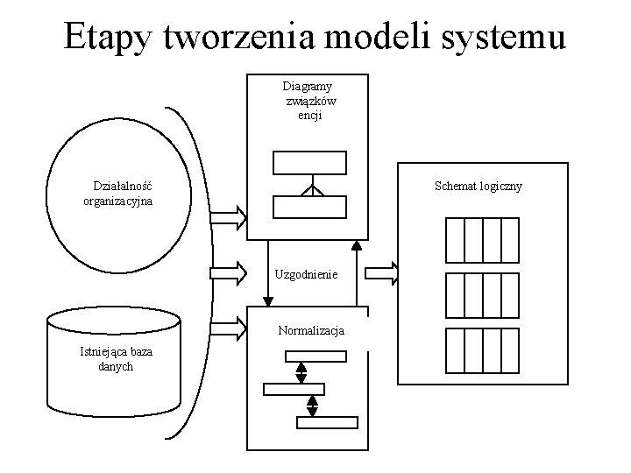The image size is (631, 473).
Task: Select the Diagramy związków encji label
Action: point(309,101)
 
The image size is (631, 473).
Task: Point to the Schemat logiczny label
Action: point(479,186)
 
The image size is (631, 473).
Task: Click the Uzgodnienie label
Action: point(306,274)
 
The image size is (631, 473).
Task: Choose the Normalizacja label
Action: point(311,331)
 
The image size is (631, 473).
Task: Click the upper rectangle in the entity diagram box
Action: point(309,163)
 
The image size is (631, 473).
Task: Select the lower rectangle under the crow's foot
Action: point(309,207)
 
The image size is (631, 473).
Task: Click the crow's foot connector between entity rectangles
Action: point(310,187)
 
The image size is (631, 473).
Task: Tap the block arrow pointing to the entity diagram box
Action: point(230,215)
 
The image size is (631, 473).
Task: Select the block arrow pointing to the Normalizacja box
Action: point(230,328)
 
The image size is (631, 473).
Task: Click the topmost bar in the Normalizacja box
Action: point(315,357)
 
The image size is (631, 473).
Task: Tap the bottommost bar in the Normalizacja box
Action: point(327,422)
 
